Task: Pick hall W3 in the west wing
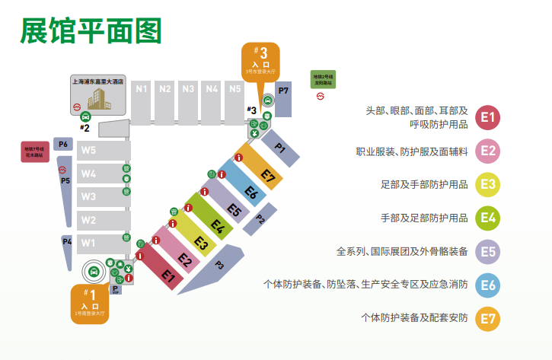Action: point(89,197)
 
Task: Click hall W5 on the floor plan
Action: point(89,150)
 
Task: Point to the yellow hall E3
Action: point(201,244)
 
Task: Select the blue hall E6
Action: point(251,193)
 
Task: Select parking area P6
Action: point(63,144)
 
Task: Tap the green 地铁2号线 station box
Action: point(323,79)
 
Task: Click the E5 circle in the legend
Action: point(488,251)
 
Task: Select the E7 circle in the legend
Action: point(488,317)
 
